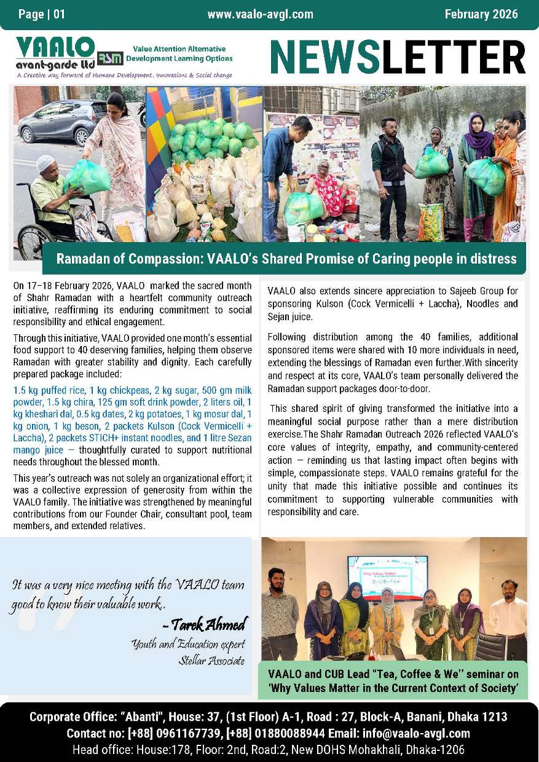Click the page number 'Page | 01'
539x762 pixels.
point(42,14)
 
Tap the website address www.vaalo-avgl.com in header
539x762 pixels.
point(260,14)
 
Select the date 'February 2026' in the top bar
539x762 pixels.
point(481,14)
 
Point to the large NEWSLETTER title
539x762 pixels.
point(398,58)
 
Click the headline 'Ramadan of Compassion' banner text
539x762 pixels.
point(286,259)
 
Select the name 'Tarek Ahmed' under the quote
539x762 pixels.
point(205,625)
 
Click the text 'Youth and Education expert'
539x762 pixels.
point(188,645)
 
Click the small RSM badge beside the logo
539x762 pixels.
point(110,57)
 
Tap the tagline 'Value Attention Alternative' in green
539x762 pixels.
point(179,49)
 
